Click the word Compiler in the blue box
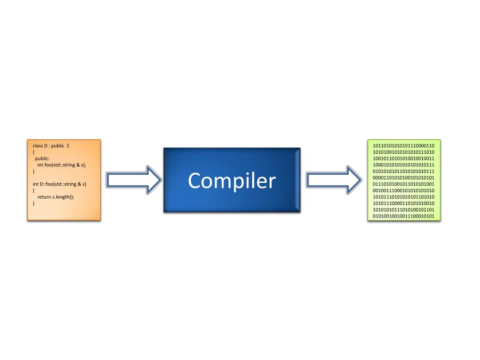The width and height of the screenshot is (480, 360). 232,180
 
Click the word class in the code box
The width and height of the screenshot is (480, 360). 37,146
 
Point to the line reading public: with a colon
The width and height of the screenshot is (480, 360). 42,158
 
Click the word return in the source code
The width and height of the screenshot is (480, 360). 44,197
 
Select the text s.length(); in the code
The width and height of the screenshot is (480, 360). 63,197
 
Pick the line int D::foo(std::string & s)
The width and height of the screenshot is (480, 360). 60,184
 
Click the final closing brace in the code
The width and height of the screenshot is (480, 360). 34,203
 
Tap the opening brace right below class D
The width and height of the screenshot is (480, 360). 34,152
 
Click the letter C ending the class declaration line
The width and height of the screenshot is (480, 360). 68,146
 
